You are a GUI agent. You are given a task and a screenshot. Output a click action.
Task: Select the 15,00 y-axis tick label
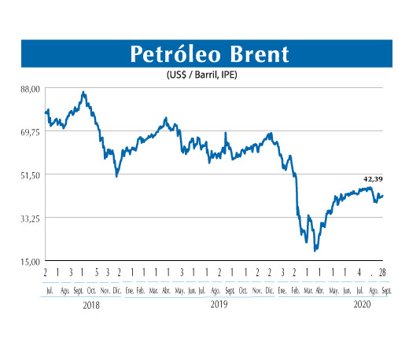pos(29,261)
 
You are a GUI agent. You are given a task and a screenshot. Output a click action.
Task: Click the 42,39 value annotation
pos(374,179)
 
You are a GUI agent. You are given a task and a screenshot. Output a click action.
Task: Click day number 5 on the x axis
pos(95,272)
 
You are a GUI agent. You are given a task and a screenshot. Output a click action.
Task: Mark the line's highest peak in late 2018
pos(83,92)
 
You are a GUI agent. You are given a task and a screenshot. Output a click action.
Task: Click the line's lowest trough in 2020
pos(315,250)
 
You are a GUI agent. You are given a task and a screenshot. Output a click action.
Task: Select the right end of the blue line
pos(383,195)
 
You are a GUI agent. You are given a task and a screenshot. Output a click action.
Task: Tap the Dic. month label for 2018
pos(117,289)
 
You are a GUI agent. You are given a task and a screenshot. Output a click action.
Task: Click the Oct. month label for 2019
pos(243,289)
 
